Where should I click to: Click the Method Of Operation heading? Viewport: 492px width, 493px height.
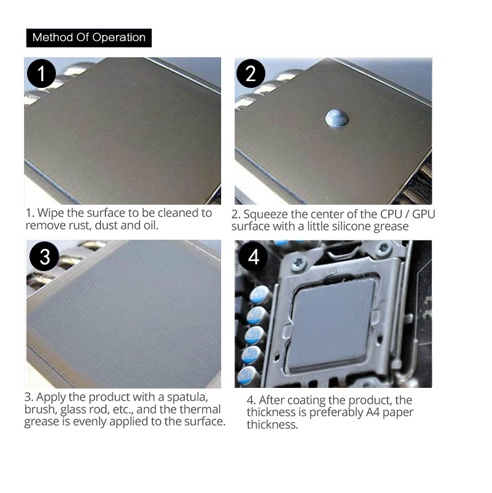point(89,37)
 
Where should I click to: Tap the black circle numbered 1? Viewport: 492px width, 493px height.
point(41,74)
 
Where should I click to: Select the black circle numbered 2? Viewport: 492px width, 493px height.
point(251,74)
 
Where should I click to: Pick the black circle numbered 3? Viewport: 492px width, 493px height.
point(44,256)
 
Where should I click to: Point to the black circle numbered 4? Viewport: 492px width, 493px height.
point(253,256)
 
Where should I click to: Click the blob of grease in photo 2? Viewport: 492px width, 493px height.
point(337,119)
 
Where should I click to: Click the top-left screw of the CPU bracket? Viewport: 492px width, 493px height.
point(299,262)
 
